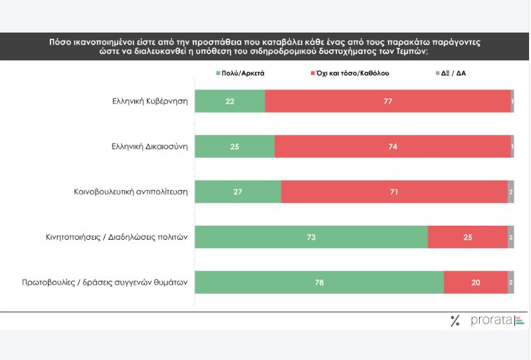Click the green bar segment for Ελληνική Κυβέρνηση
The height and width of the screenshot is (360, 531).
229,102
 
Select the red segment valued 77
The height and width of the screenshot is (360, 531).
387,102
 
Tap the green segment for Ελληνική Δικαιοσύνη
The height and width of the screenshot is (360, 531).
234,146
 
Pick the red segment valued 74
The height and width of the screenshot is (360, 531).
392,146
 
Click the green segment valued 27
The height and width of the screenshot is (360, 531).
237,191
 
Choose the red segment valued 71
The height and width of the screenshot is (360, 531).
394,191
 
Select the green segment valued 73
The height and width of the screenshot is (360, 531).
311,236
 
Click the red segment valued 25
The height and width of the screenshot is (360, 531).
467,236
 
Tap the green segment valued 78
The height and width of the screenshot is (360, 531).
319,282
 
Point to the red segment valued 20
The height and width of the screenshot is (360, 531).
475,282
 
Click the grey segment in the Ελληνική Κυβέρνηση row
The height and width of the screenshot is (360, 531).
512,102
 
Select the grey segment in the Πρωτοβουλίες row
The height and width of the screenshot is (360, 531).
510,282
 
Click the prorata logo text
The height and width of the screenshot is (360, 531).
492,321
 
